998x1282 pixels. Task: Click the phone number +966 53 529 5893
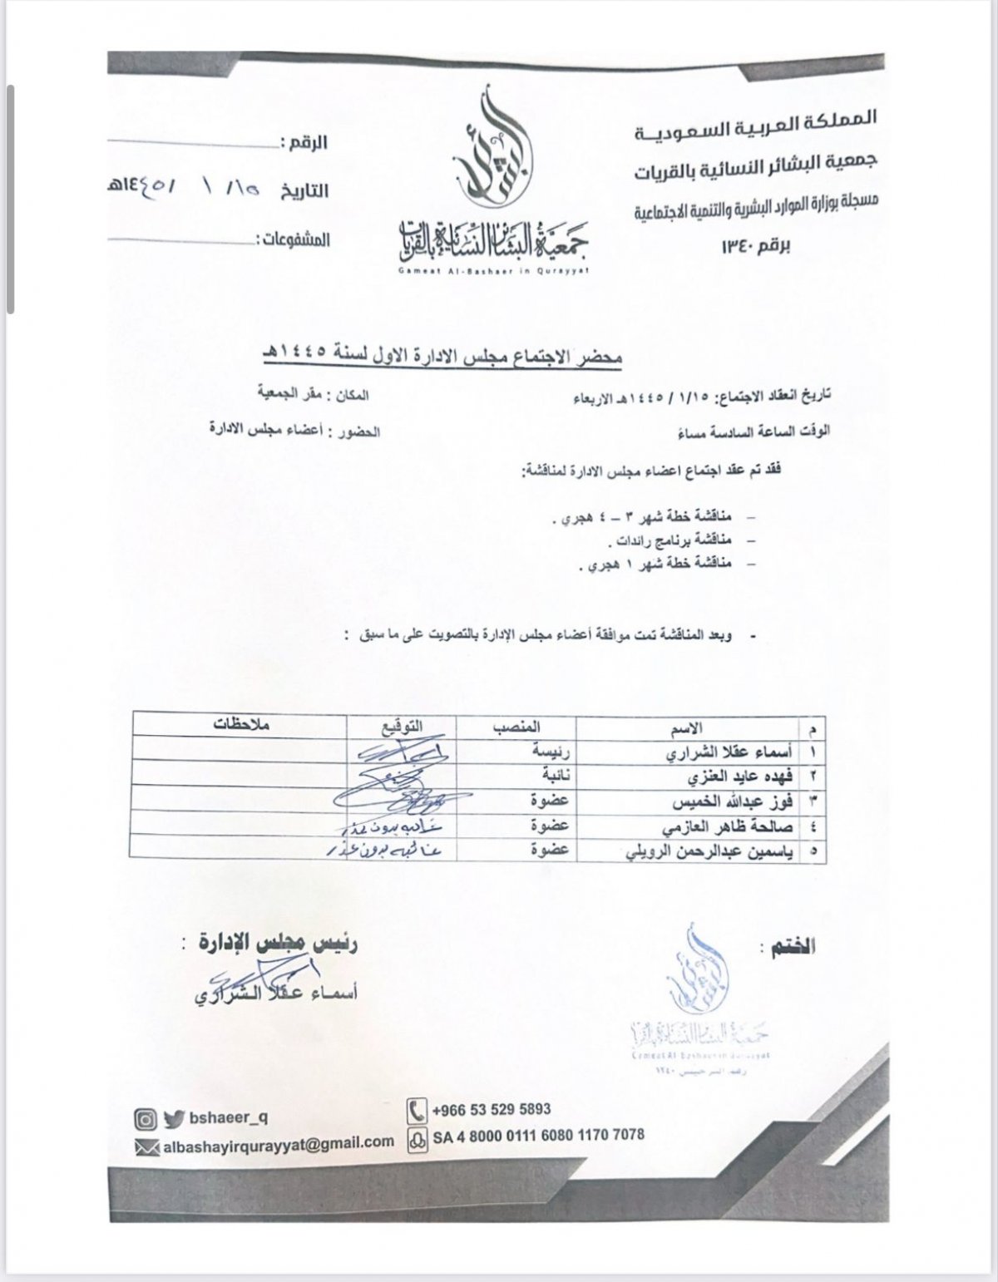[x=491, y=1109]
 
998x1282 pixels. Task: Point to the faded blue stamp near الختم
[x=699, y=998]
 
